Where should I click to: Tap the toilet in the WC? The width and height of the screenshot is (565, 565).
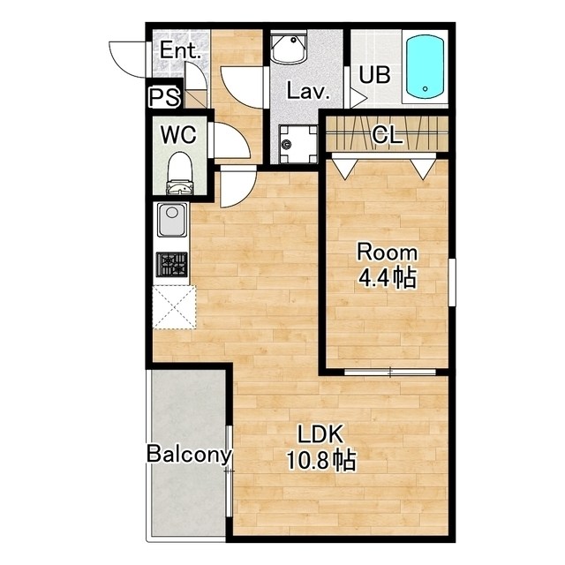[x=179, y=173]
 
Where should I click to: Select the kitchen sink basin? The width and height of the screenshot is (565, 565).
[x=172, y=220]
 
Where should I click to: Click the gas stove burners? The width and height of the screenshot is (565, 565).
[x=172, y=264]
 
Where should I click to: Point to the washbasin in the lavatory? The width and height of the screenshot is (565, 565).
[x=289, y=49]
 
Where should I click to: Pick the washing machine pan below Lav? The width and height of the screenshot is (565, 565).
[x=298, y=144]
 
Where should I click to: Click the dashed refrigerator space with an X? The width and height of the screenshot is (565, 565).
[x=175, y=307]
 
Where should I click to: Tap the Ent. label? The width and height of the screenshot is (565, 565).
[x=180, y=50]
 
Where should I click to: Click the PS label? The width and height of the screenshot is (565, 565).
[x=164, y=97]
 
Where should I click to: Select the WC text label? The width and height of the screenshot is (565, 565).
[x=178, y=135]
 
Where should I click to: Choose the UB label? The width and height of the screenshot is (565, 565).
[x=374, y=75]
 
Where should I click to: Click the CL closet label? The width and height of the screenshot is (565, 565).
[x=387, y=135]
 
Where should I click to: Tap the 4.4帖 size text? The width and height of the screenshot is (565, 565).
[x=387, y=277]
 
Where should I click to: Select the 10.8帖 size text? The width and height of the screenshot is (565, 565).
[x=320, y=460]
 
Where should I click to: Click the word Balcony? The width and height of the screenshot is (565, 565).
[x=188, y=455]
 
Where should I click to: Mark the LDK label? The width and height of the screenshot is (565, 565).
[x=320, y=433]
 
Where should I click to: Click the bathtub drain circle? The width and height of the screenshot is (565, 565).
[x=426, y=88]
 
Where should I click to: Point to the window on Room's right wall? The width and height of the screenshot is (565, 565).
[x=452, y=282]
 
